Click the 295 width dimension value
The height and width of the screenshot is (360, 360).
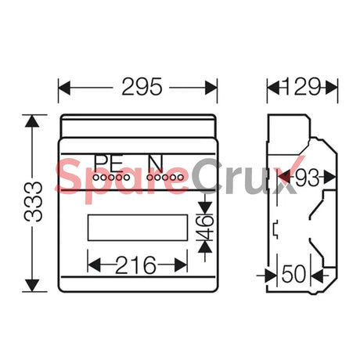(x=138, y=87)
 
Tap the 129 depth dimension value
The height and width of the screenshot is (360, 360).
(x=303, y=87)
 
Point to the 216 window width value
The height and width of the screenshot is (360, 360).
(x=138, y=265)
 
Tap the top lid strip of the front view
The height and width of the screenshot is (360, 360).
(x=138, y=125)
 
